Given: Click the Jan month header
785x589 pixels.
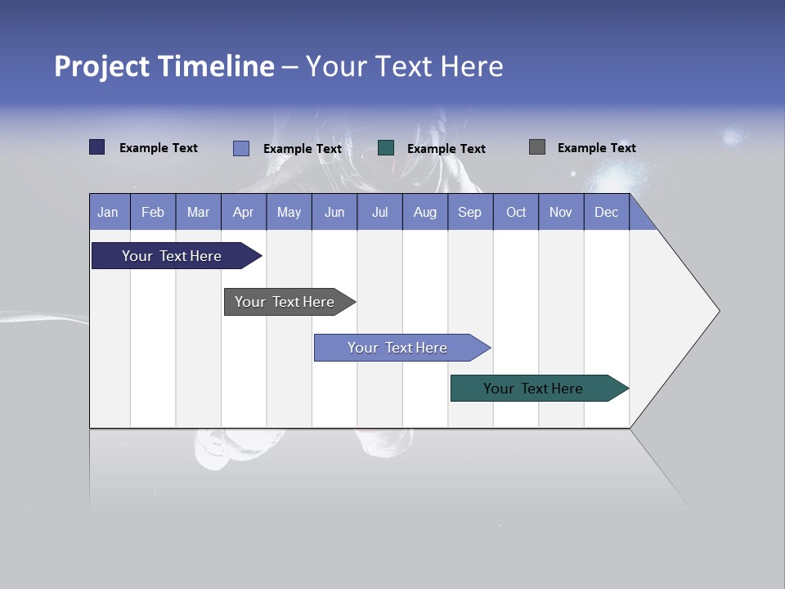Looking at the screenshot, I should [x=108, y=212].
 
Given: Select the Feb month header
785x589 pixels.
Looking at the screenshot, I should [x=153, y=212].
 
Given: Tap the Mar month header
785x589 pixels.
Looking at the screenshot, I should [x=198, y=212].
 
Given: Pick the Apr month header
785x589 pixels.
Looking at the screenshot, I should [x=243, y=212].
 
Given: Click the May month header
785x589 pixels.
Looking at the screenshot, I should [x=289, y=212].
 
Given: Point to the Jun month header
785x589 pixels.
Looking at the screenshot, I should [x=334, y=212].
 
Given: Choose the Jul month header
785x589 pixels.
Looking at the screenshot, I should [x=379, y=212].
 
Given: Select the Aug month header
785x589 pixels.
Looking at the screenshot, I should [x=425, y=212].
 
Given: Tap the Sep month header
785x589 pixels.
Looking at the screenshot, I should [x=470, y=212].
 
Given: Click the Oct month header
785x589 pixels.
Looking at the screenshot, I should [x=516, y=212].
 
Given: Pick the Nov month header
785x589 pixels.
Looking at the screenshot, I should [x=561, y=212].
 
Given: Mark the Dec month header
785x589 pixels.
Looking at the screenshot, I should [x=607, y=212].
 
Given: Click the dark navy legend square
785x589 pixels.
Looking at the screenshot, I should [x=97, y=147].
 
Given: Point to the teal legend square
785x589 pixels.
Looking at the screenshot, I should [x=386, y=148].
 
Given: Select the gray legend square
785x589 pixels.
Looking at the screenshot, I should [x=537, y=147].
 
